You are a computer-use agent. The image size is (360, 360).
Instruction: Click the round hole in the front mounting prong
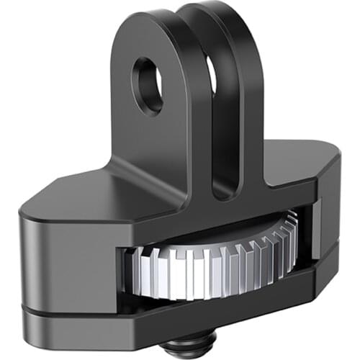click(x=148, y=86)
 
